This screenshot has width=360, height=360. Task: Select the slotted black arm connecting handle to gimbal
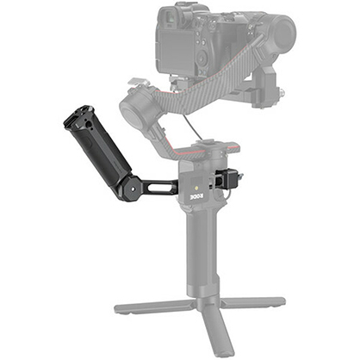point(160,184)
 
